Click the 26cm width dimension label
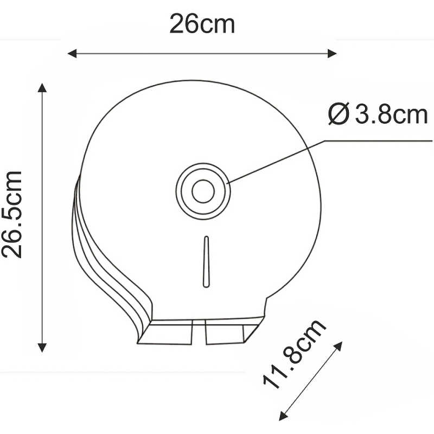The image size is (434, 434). pos(202,24)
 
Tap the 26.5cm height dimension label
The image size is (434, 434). pos(12,214)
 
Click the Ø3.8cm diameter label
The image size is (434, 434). pos(378,115)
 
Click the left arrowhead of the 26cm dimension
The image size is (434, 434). pos(71,53)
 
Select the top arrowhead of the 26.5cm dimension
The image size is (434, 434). pos(42,87)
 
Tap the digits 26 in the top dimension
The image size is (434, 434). pos(182,24)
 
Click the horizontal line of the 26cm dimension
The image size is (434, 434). pos(202,53)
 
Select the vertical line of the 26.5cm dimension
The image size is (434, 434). pos(42,217)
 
